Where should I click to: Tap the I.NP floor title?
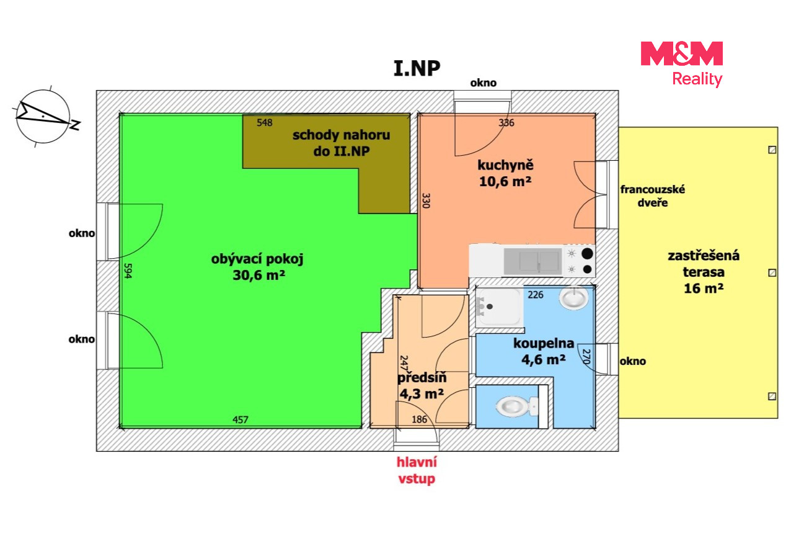pyautogui.click(x=417, y=68)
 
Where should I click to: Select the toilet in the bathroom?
pyautogui.click(x=517, y=406)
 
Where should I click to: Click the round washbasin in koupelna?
pyautogui.click(x=573, y=298)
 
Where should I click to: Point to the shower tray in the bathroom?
pyautogui.click(x=499, y=307)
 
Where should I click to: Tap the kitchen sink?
pyautogui.click(x=533, y=261)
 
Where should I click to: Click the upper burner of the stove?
pyautogui.click(x=587, y=253)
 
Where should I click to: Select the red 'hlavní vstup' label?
pyautogui.click(x=417, y=470)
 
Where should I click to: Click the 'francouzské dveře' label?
pyautogui.click(x=653, y=196)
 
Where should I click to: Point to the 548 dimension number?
pyautogui.click(x=265, y=123)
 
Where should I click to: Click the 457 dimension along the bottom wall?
pyautogui.click(x=240, y=419)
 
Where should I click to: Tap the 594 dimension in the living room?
pyautogui.click(x=128, y=271)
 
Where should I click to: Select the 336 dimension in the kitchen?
pyautogui.click(x=506, y=123)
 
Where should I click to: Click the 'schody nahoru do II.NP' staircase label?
pyautogui.click(x=342, y=143)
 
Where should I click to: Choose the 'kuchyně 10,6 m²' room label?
pyautogui.click(x=505, y=173)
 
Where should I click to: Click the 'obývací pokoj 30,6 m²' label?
pyautogui.click(x=257, y=267)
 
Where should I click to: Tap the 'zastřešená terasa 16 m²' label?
pyautogui.click(x=704, y=272)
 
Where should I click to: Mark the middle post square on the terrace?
pyautogui.click(x=772, y=273)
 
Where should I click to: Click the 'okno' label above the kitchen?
pyautogui.click(x=484, y=83)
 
